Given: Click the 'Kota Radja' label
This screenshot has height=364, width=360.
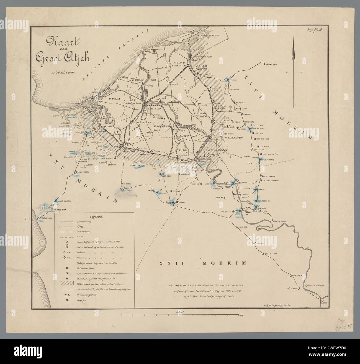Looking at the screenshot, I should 151,110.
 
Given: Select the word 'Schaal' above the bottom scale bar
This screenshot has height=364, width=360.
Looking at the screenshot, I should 180,312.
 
